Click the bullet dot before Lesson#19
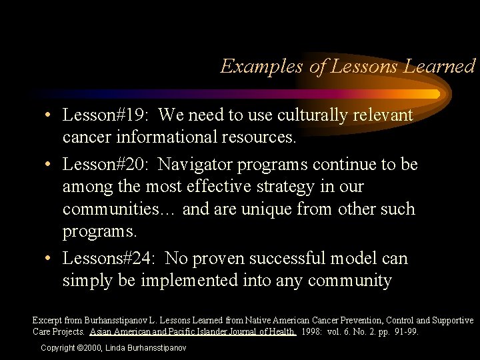click(x=50, y=116)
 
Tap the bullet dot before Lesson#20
click(x=50, y=164)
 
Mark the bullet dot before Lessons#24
click(x=50, y=259)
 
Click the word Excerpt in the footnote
click(x=47, y=321)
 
